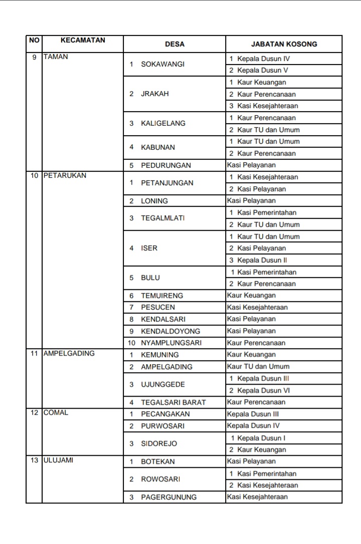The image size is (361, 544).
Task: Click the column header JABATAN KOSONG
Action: (284, 44)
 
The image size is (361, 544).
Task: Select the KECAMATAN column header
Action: (83, 40)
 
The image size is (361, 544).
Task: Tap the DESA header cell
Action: (174, 44)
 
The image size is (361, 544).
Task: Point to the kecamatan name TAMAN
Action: (56, 57)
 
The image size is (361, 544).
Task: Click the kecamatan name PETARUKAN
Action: (65, 175)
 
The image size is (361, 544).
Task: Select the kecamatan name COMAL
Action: (56, 412)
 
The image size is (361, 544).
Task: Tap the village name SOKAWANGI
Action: (163, 65)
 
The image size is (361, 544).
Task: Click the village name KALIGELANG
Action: (163, 123)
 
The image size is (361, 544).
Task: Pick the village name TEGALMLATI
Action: (163, 218)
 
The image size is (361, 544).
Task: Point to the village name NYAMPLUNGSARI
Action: (170, 343)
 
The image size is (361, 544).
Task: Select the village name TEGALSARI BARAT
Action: (173, 402)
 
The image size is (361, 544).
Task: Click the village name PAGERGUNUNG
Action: (168, 497)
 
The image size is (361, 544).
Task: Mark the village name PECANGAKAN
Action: (165, 414)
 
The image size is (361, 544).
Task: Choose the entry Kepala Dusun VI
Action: (263, 391)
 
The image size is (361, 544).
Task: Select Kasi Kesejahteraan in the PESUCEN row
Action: (257, 307)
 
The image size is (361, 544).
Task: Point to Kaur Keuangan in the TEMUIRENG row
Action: (251, 296)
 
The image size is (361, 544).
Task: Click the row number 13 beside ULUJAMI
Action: (34, 460)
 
